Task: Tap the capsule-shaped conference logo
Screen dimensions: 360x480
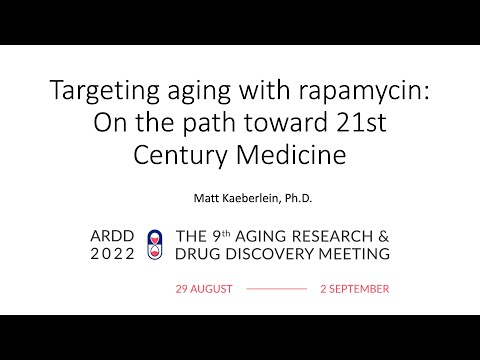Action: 155,245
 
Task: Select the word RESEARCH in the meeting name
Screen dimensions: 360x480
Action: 333,236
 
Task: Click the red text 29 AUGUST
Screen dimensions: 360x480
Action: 204,288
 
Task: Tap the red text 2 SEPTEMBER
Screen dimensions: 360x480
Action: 354,288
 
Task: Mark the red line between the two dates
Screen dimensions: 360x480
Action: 276,288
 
